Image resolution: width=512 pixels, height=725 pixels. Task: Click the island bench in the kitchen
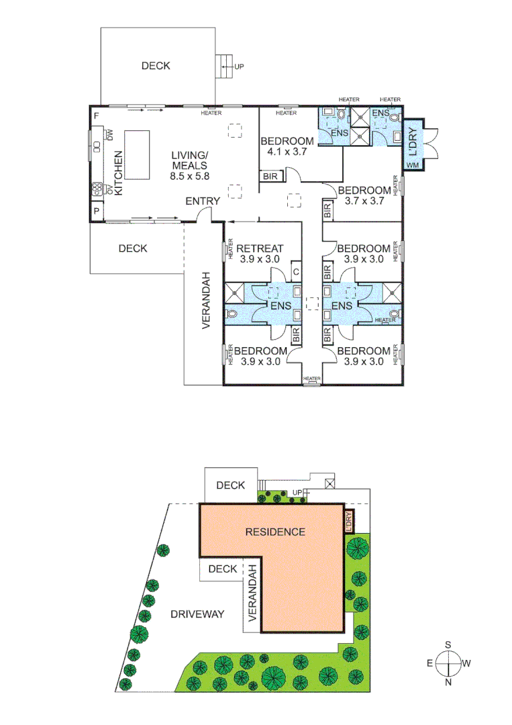(138, 155)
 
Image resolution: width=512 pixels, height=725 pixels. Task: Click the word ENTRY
(203, 201)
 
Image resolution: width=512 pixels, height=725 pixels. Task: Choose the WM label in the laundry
(413, 164)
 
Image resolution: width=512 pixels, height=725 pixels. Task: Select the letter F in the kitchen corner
(97, 116)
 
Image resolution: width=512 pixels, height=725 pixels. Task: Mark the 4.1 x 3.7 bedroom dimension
(287, 152)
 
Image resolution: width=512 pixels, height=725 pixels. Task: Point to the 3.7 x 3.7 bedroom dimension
(363, 200)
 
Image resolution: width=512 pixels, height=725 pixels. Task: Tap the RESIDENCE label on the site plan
(275, 532)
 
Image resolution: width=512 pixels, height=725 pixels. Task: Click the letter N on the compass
(448, 682)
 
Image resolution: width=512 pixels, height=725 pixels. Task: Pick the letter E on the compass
(430, 663)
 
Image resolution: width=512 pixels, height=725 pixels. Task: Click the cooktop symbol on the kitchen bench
(97, 187)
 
